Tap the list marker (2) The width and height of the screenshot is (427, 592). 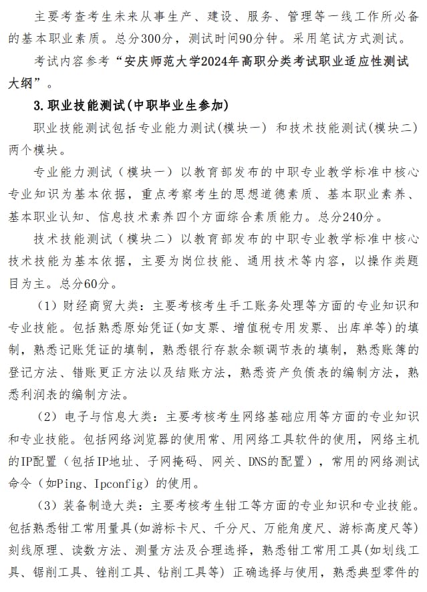[x=50, y=417]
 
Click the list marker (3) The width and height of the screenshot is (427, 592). [x=50, y=506]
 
